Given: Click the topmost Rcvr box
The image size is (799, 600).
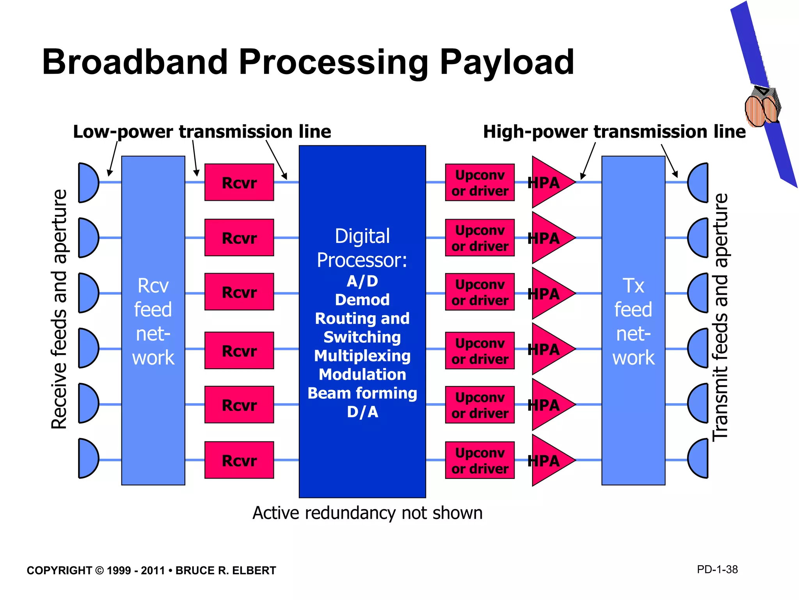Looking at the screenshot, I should (x=239, y=182).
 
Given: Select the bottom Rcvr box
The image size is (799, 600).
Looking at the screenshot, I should (x=239, y=460).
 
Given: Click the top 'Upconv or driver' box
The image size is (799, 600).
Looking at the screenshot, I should (x=480, y=182).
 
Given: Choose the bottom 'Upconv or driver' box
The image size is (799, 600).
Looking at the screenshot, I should (x=480, y=460).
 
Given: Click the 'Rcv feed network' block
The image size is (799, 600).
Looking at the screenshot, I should (x=153, y=320).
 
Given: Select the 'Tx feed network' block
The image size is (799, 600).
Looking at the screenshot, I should (x=633, y=320).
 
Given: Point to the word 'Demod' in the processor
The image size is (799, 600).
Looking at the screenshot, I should (x=362, y=300).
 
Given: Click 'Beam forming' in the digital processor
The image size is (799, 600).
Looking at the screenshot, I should (x=362, y=393).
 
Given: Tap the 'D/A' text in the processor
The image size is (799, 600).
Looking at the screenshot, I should (x=362, y=412).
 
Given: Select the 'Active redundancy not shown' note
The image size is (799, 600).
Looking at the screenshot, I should (x=367, y=513).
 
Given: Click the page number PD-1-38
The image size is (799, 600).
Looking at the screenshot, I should (x=717, y=570).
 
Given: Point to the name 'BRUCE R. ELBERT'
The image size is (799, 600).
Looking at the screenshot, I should (x=225, y=571).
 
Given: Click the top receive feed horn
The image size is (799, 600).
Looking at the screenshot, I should (x=87, y=183).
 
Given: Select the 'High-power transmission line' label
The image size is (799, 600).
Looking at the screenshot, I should (x=614, y=132).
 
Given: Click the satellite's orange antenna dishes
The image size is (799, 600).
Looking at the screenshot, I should (x=761, y=111).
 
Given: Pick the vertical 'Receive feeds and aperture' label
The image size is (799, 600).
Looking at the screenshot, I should (x=59, y=309).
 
